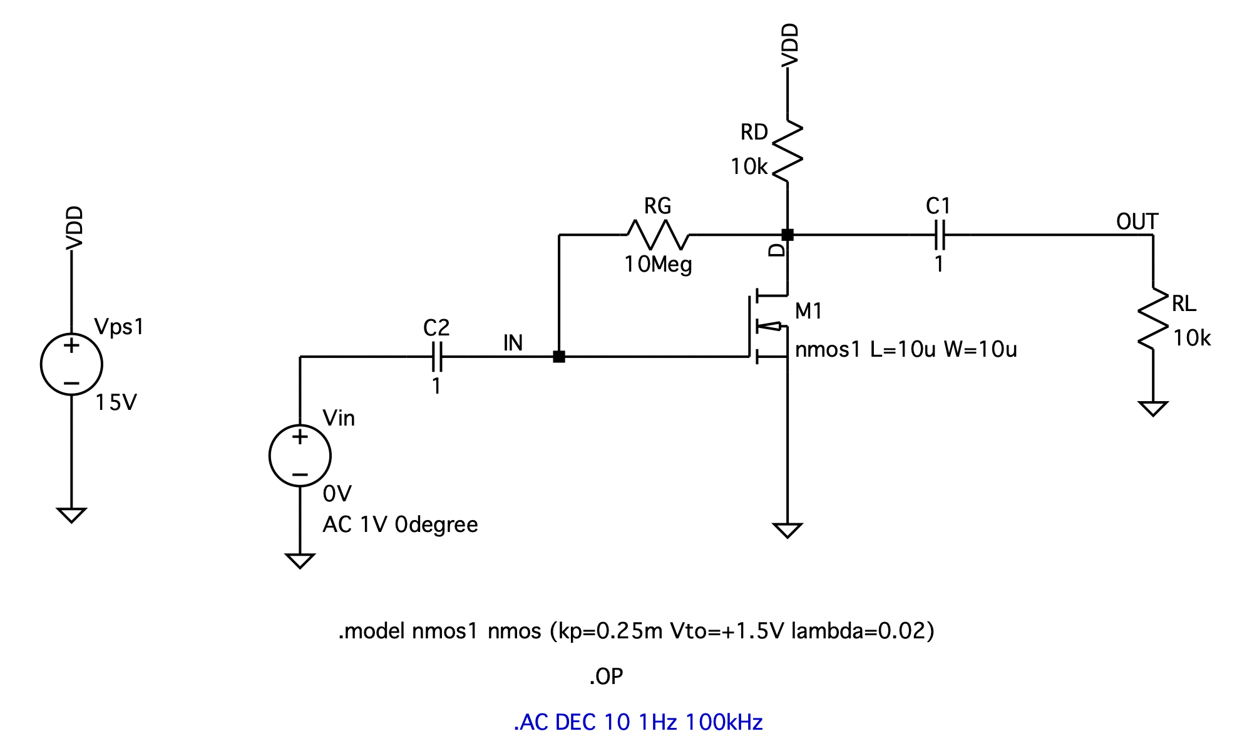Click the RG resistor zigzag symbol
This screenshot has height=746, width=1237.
point(657,235)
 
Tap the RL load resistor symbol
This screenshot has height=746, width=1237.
point(1153,319)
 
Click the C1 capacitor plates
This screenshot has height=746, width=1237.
point(939,235)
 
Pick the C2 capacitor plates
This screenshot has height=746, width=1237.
point(436,357)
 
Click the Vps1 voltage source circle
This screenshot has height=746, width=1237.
point(71,364)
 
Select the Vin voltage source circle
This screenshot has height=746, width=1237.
point(300,455)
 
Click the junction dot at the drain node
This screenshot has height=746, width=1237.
point(788,235)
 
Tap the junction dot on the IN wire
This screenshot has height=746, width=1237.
point(559,357)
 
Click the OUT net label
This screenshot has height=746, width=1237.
point(1137,222)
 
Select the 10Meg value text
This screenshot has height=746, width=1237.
point(658,265)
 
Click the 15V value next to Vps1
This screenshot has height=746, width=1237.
point(116,402)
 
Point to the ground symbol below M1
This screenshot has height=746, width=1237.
point(788,530)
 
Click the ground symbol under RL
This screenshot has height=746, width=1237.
point(1153,409)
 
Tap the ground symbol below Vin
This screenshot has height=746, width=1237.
point(300,560)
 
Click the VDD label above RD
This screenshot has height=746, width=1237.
point(791,45)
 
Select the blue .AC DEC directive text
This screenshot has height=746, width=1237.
point(638,722)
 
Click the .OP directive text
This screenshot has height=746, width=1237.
point(606,677)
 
